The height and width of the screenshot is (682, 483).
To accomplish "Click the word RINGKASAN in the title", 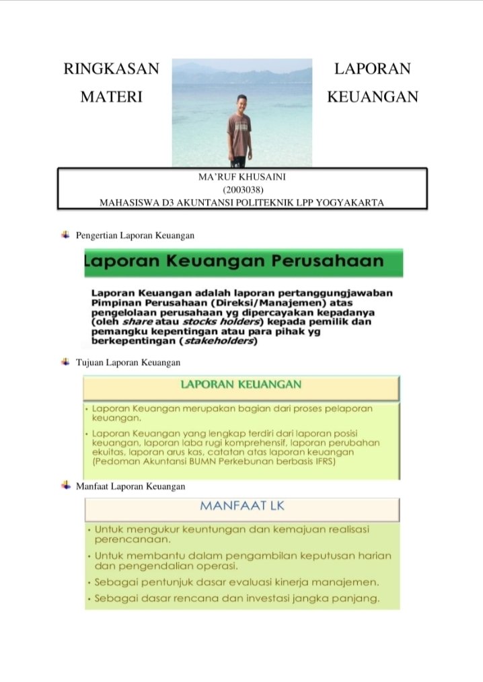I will tap(111, 69).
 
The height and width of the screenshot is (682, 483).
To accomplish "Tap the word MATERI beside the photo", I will tap(111, 97).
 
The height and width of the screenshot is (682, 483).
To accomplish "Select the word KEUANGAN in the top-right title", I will tap(372, 97).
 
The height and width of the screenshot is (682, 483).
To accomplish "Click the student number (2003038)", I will tap(241, 189).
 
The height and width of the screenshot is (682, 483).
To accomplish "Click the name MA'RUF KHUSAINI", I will tap(241, 177).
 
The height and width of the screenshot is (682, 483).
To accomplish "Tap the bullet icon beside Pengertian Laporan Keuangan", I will tap(65, 235).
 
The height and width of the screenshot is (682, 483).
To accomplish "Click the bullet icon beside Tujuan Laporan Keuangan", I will tap(65, 362).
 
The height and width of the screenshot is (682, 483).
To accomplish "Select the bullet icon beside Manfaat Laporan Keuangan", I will tap(65, 484).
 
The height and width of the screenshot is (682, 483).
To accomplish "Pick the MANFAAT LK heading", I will tap(241, 506).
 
